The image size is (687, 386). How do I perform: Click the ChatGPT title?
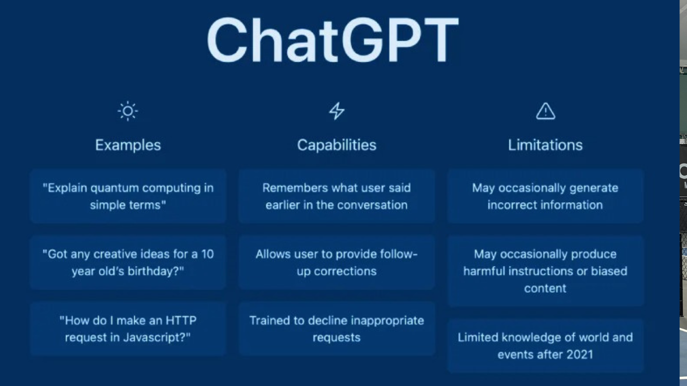(333, 40)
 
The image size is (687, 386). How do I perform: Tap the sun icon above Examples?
(128, 111)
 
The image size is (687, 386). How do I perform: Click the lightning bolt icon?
(337, 111)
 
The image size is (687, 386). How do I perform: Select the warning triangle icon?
(546, 111)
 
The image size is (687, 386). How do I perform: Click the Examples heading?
(128, 145)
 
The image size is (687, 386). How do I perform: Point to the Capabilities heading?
(337, 145)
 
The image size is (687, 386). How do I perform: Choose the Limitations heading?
(545, 145)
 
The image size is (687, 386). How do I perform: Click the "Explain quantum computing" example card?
(128, 196)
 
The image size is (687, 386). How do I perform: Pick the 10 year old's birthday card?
(128, 263)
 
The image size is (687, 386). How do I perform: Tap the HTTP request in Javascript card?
(128, 329)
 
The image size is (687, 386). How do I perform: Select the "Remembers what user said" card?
(337, 196)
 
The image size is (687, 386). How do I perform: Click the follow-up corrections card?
(337, 263)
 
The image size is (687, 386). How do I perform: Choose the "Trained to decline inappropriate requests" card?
(337, 329)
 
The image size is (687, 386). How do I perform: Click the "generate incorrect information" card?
(545, 196)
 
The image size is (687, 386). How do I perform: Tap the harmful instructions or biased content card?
(545, 271)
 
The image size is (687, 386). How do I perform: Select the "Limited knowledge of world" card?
(545, 346)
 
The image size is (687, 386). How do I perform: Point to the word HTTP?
(181, 321)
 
